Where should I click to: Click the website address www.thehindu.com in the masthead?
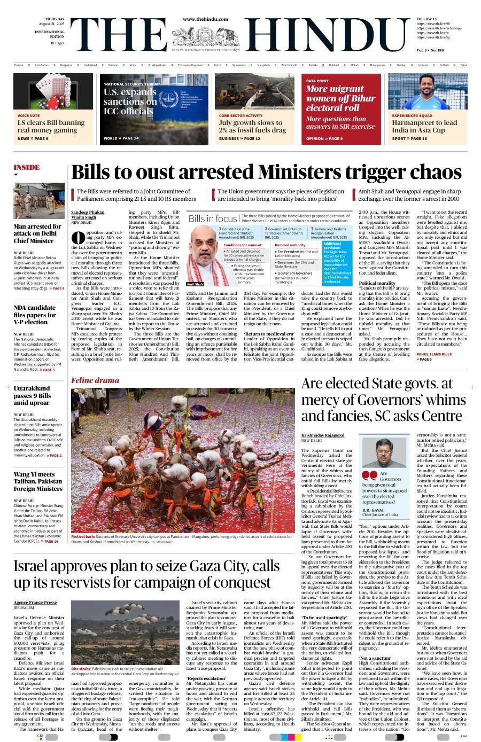click(205, 19)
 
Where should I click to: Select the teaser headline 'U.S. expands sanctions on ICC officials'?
click(130, 101)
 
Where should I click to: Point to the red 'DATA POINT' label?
click(317, 81)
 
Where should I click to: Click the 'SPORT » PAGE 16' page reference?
click(409, 139)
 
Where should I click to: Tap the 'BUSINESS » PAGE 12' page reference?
click(239, 139)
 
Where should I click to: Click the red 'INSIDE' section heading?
click(27, 167)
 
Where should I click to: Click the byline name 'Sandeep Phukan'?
click(88, 212)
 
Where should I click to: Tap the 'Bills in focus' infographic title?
click(212, 218)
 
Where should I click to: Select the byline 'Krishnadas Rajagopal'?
click(323, 435)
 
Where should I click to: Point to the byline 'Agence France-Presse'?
click(35, 603)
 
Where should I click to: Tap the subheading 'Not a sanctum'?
click(375, 658)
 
